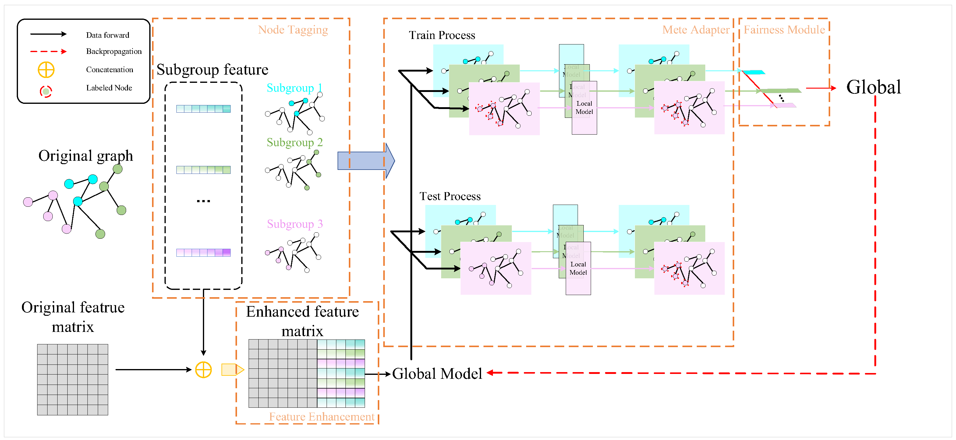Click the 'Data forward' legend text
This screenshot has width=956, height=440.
tap(108, 35)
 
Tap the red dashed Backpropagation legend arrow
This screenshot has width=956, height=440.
tap(48, 51)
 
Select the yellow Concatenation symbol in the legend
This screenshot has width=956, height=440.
tap(46, 70)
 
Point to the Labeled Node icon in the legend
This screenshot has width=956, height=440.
tap(46, 91)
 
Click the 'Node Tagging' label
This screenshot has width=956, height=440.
tap(293, 30)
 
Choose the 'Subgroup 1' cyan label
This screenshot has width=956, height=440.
tap(294, 88)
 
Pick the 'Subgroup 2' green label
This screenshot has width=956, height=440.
tap(295, 143)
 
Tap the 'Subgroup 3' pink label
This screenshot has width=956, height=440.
tap(295, 224)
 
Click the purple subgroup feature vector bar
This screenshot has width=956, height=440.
tap(204, 253)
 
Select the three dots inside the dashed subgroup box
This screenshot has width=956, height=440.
tap(204, 201)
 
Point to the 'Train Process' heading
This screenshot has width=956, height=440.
tap(442, 35)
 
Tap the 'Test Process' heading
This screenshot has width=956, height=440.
tap(450, 196)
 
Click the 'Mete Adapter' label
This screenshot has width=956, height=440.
tap(696, 30)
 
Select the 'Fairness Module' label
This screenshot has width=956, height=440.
tap(784, 30)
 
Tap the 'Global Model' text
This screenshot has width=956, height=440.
tap(437, 374)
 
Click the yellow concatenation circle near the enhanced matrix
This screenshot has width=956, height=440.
tap(204, 370)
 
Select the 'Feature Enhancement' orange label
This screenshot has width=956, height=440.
tap(321, 417)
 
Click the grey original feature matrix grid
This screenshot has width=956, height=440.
tap(73, 379)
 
